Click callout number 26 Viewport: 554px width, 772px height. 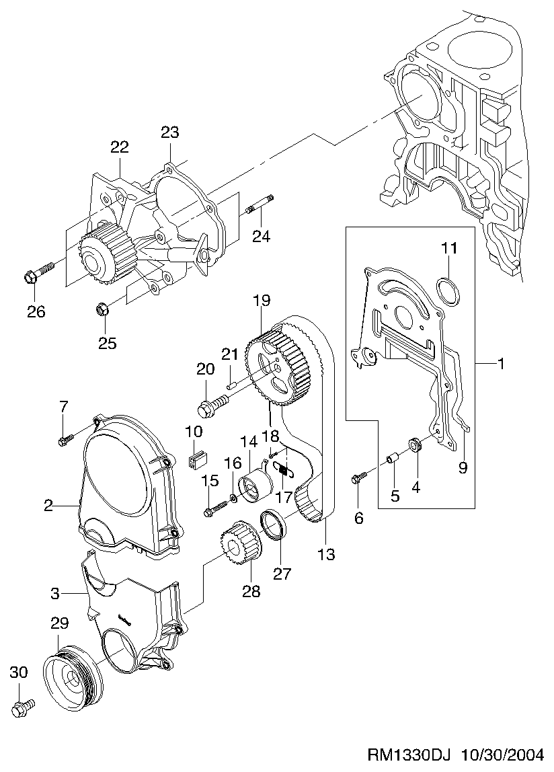click(x=36, y=311)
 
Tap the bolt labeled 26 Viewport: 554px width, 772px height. click(x=38, y=274)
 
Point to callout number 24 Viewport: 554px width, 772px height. click(x=261, y=236)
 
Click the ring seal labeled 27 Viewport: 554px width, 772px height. click(x=274, y=525)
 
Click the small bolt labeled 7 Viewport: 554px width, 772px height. click(x=66, y=438)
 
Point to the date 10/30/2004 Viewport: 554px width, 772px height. click(x=502, y=755)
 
